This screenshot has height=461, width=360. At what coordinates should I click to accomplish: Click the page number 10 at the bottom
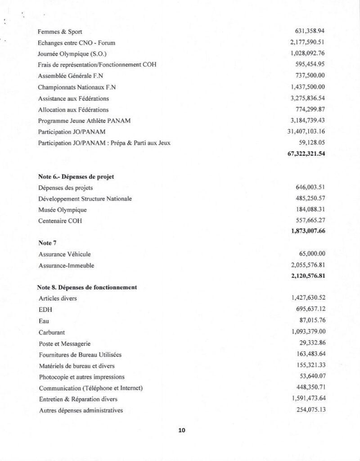[x=182, y=430]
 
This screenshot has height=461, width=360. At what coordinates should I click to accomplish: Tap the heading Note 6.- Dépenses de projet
[x=76, y=176]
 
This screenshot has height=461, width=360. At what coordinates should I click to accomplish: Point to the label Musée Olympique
[x=63, y=210]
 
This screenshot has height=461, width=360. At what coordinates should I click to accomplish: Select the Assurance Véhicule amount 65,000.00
[x=312, y=254]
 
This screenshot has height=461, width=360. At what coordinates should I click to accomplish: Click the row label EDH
[x=45, y=310]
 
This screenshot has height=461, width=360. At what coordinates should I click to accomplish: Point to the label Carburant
[x=52, y=332]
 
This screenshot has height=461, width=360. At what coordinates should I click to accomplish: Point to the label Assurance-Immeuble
[x=66, y=266]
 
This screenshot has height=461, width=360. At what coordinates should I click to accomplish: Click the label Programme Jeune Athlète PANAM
[x=81, y=120]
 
